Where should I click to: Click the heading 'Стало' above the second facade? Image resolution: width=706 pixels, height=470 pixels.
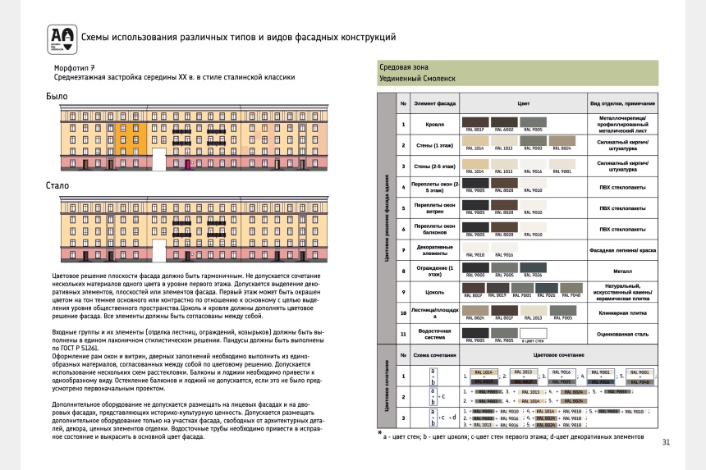[x=57, y=185]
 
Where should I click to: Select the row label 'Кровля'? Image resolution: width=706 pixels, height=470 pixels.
[x=435, y=125]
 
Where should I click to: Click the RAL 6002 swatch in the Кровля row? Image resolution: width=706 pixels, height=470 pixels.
[x=502, y=121]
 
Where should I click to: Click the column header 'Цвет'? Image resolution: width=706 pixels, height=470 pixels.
[x=523, y=103]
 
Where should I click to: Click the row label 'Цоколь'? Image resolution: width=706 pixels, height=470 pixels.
[x=435, y=291]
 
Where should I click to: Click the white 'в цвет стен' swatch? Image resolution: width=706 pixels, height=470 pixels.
[x=533, y=331]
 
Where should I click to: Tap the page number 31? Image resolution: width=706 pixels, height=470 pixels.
[x=666, y=443]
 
